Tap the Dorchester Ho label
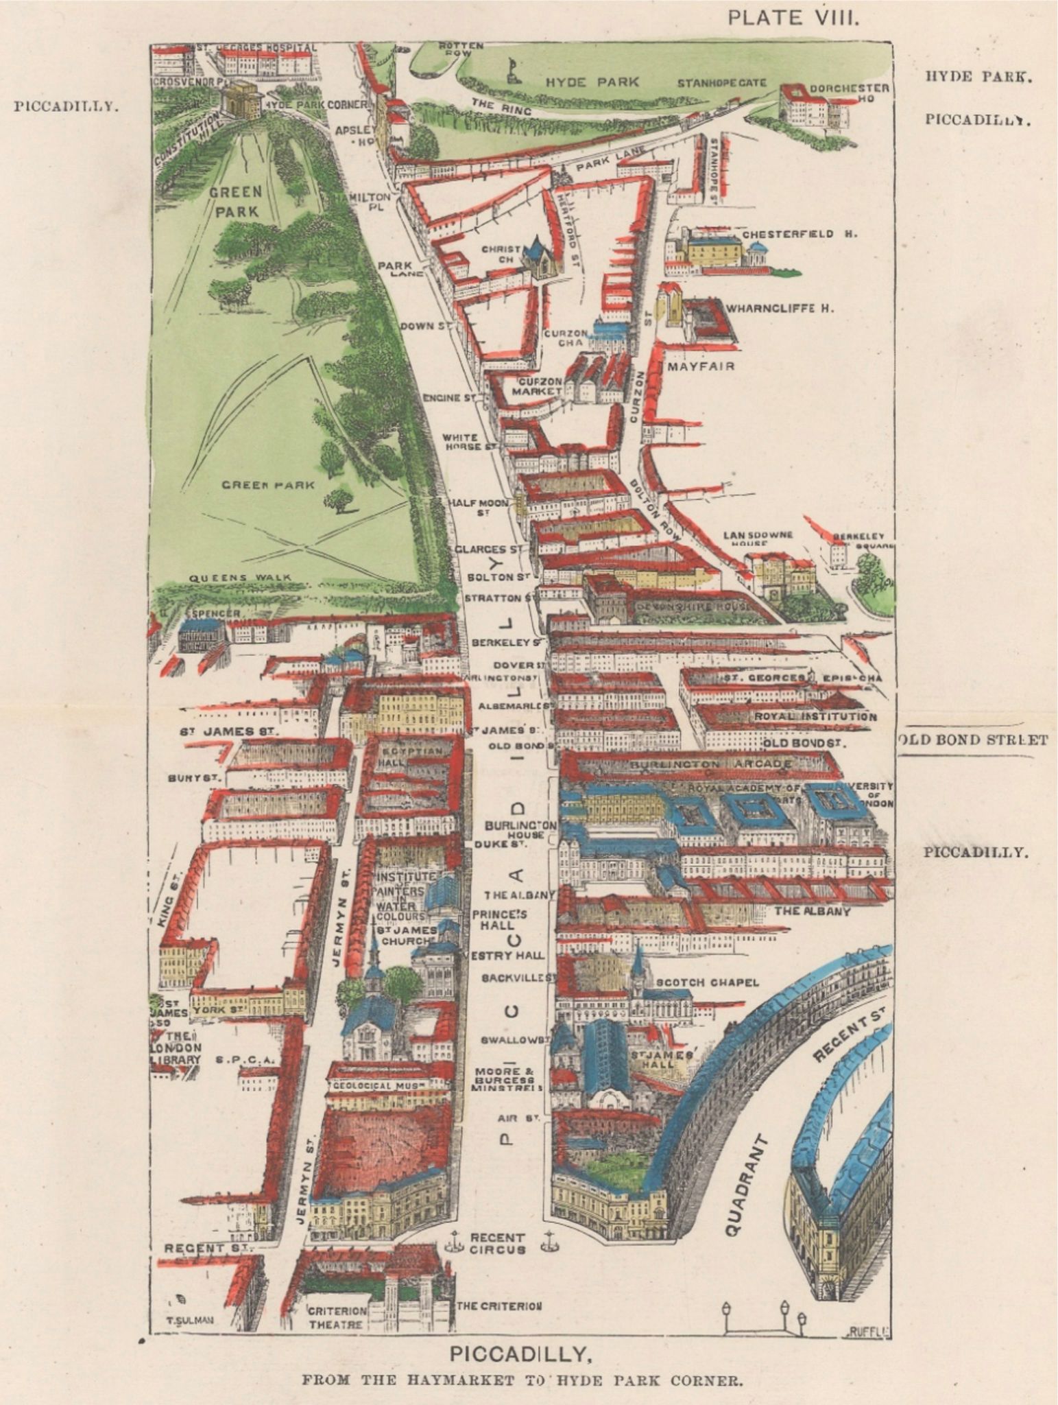[x=850, y=93]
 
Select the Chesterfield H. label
[x=799, y=234]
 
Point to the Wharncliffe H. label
[x=780, y=309]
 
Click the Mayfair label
[x=701, y=366]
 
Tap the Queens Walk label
[x=239, y=578]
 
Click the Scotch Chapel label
[x=707, y=982]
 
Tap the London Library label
[x=176, y=1048]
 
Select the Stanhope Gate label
[x=721, y=83]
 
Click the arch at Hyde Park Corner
[x=241, y=101]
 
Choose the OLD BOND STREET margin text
[x=972, y=740]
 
